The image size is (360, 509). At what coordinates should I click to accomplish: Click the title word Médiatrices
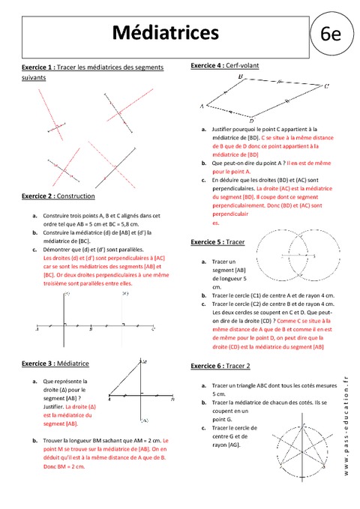click(166, 33)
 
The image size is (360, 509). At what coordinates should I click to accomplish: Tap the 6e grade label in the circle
click(330, 34)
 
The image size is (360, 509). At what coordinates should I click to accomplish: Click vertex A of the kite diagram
click(202, 106)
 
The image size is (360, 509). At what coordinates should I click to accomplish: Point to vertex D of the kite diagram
click(250, 121)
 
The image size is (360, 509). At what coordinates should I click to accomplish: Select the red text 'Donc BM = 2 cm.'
click(59, 466)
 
